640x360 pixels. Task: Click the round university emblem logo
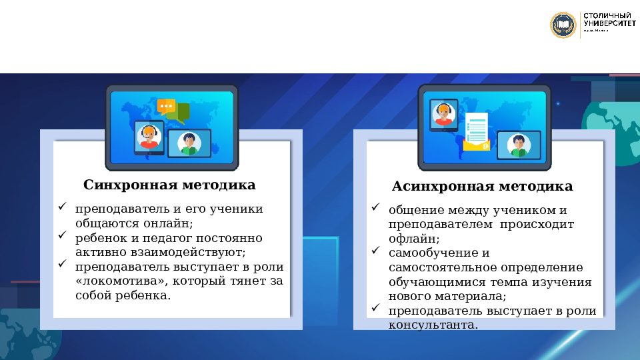click(563, 25)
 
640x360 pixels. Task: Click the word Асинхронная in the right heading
click(434, 186)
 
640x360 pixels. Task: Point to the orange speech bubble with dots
click(166, 105)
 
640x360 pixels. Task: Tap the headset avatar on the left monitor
click(149, 137)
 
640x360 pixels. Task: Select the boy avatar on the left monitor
click(189, 143)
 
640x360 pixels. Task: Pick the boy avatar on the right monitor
click(519, 145)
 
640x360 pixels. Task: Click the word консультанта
click(433, 325)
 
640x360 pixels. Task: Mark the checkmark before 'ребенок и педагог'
click(62, 236)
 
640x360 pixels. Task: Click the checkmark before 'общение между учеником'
click(375, 207)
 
